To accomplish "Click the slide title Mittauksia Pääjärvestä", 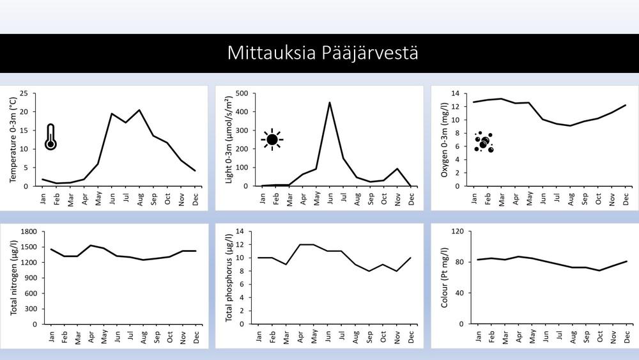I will coord(323,52).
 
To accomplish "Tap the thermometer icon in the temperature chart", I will coord(50,137).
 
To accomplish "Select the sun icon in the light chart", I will coord(272,139).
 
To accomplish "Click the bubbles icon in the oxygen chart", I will coord(484,141).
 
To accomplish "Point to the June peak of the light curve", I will coord(330,102).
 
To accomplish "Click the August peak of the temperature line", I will coord(139,110).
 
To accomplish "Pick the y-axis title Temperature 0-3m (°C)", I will coord(14,139).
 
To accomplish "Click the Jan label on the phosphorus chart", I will coord(259,336).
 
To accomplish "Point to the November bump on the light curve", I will coord(397,169).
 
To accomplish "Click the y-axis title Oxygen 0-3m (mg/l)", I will coord(445,139).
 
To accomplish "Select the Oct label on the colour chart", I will coord(599,336).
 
